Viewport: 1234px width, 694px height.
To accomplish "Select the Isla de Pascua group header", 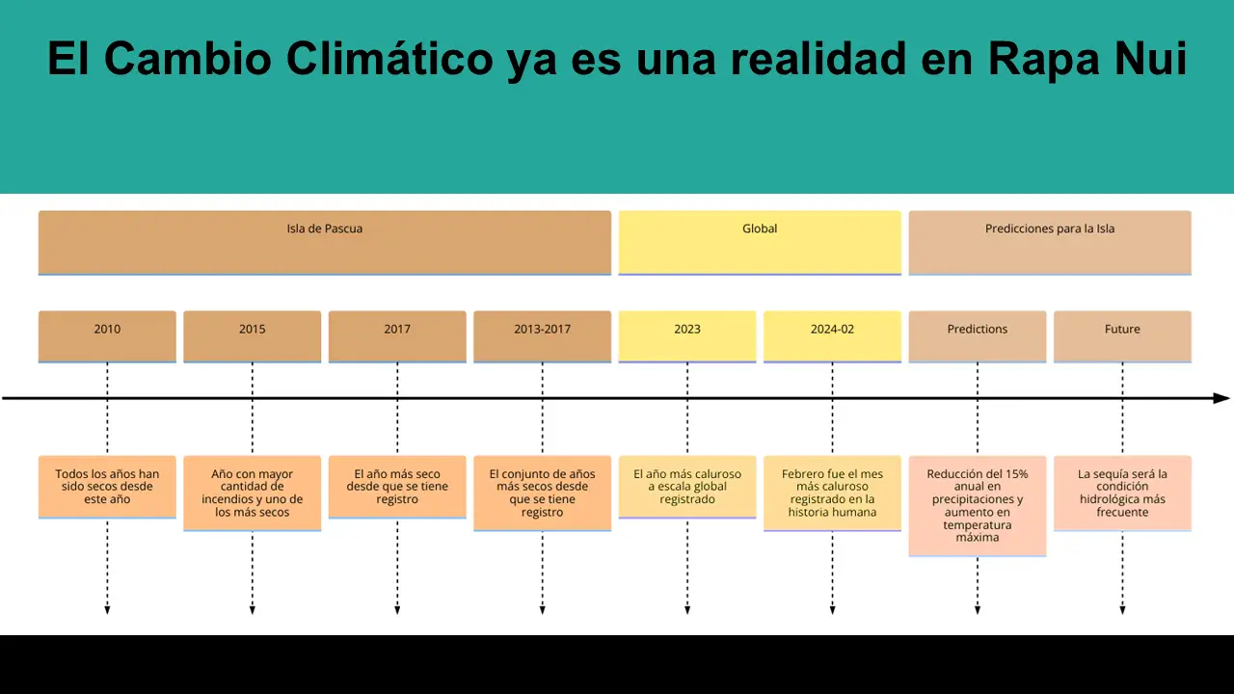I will coord(325,242).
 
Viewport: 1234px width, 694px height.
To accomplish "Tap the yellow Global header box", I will coord(760,242).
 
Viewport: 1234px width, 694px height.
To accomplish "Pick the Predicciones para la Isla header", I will coord(1050,242).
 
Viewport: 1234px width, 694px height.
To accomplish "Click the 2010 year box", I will coord(107,335).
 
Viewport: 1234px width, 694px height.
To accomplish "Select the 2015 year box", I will coord(252,335).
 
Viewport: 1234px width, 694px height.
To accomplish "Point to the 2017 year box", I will coord(397,335).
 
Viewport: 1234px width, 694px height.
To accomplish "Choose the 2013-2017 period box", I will coord(542,335).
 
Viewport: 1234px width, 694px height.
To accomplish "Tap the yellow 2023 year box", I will coord(687,335).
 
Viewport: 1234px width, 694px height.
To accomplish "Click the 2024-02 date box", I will coord(832,335).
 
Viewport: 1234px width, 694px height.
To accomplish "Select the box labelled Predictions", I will coord(978,335).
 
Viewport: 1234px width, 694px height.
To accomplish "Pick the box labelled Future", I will coord(1122,335).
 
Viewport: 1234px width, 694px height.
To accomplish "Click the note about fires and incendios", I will coord(252,493).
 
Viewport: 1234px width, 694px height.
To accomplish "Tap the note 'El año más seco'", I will coord(397,487).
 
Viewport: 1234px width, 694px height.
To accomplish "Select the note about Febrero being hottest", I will coord(832,493).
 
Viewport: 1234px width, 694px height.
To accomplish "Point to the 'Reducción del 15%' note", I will coord(978,505).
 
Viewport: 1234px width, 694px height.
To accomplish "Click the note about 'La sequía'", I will coord(1122,493).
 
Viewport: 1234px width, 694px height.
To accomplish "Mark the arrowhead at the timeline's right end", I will coord(1221,398).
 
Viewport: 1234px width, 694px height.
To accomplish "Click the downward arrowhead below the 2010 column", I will coord(107,609).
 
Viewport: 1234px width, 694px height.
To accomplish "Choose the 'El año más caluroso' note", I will coord(687,487).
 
